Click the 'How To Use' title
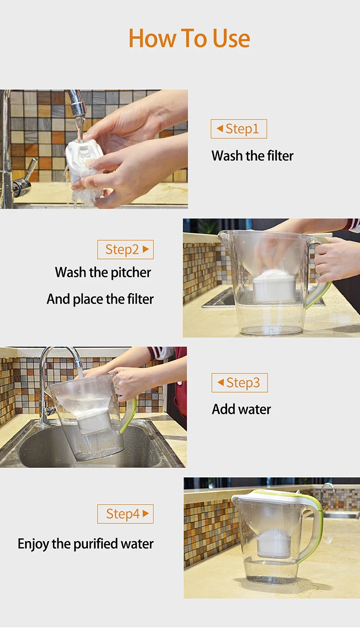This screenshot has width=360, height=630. [189, 38]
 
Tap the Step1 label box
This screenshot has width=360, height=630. [239, 129]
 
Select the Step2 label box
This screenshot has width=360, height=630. [125, 250]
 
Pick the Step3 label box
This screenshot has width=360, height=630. [240, 383]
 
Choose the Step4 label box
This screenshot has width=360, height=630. [125, 514]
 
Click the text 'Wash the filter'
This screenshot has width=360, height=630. [252, 156]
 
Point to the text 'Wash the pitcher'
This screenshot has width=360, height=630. [103, 273]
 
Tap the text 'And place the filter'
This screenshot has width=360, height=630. [100, 299]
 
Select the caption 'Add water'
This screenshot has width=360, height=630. [241, 409]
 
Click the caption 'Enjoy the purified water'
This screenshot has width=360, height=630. [85, 544]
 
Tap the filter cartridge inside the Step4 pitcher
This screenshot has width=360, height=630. [274, 543]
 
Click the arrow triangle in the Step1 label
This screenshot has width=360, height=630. [220, 129]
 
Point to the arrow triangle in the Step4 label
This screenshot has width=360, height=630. [145, 513]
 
